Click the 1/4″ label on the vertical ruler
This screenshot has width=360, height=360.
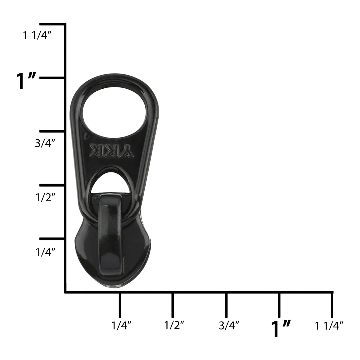45,252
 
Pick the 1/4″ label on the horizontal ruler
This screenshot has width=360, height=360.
121,326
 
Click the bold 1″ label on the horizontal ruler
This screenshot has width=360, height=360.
281,329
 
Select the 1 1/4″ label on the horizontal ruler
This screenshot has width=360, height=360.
329,326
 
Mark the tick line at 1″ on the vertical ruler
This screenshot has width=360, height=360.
52,78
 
